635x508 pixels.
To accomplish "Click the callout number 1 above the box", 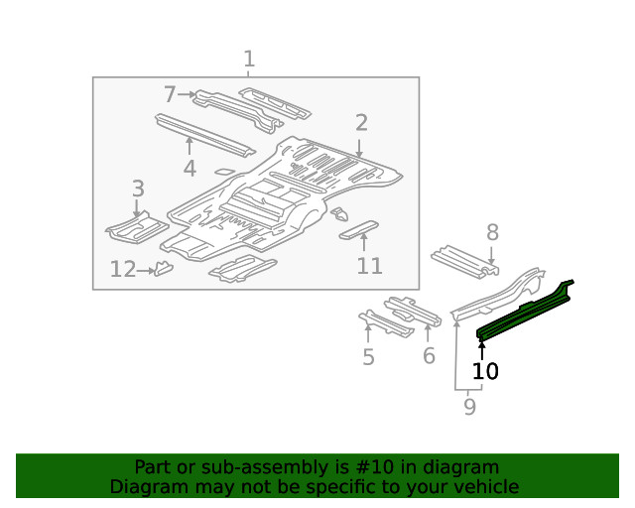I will pos(249,60).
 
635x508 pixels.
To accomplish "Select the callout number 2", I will pos(361,123).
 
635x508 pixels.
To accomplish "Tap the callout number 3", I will pos(138,189).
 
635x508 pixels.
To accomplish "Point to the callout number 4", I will pos(190,169).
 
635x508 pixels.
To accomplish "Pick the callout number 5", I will pos(368,357).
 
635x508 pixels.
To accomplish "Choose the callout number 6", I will pos(429,355).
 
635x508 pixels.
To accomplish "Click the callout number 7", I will pos(170,94).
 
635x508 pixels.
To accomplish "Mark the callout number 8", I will pos(491,233).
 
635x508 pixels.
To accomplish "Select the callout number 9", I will pos(469,406).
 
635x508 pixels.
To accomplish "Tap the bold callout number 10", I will pos(485,371).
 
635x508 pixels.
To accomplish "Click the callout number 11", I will pos(369,266).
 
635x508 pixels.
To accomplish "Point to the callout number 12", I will pos(123,269).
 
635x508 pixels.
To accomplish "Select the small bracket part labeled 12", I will pos(164,268).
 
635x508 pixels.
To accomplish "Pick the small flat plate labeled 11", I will pos(359,231).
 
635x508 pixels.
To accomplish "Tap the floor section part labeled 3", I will pos(137,228).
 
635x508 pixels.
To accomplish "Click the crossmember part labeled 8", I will pos(463,259).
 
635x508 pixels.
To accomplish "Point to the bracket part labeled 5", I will pos(385,323).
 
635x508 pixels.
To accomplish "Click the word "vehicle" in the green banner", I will pos(483,486).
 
